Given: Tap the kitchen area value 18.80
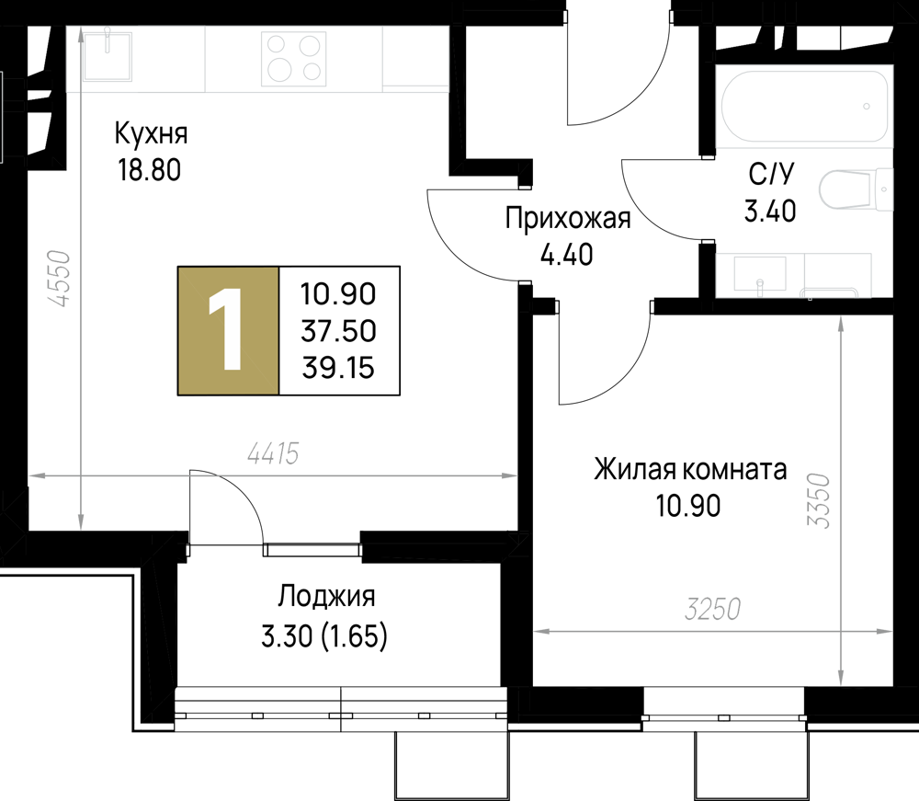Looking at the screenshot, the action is [x=150, y=171].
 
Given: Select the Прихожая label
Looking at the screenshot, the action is [x=568, y=219].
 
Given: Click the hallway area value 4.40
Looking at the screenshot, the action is [x=566, y=255].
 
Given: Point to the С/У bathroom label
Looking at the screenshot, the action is [x=771, y=175].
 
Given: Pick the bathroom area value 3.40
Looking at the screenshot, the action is [x=770, y=212].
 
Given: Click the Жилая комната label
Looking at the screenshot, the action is [x=690, y=470].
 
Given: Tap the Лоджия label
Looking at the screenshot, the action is [x=326, y=596].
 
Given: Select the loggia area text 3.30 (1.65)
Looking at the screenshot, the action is [x=324, y=636].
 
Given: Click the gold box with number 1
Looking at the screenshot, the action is [x=229, y=331].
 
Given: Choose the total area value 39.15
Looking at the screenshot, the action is [x=338, y=368].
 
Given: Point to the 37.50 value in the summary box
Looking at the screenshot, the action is [x=338, y=331].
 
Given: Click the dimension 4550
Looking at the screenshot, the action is [x=61, y=280].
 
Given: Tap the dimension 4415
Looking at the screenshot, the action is [x=273, y=454].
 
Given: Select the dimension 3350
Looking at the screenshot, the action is [x=819, y=501].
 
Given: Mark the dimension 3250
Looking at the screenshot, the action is [x=713, y=610].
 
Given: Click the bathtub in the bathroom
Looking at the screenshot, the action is [x=805, y=106].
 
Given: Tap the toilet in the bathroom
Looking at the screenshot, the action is [x=856, y=189].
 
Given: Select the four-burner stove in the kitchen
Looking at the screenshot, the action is [x=294, y=59].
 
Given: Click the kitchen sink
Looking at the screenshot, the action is [x=108, y=56].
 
